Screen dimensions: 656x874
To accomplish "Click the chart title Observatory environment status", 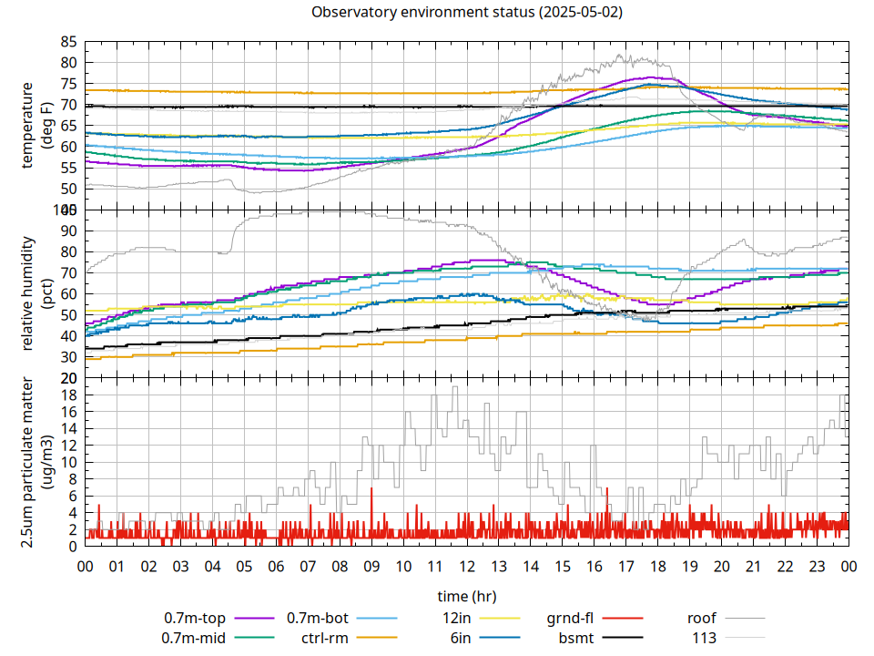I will pyautogui.click(x=466, y=13).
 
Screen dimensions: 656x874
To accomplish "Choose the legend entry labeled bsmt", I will pyautogui.click(x=575, y=638).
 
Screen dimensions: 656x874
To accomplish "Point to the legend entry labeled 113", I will pyautogui.click(x=704, y=638).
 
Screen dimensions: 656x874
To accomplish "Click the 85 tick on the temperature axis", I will pyautogui.click(x=68, y=42).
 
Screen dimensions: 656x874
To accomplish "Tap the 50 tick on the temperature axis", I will pyautogui.click(x=68, y=189).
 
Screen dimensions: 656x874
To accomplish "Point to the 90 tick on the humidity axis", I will pyautogui.click(x=68, y=231).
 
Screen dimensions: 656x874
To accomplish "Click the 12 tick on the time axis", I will pyautogui.click(x=467, y=567).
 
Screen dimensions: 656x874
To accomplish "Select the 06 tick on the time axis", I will pyautogui.click(x=276, y=567).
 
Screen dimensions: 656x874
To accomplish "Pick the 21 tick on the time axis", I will pyautogui.click(x=753, y=567).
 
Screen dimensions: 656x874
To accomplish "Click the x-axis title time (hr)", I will pyautogui.click(x=466, y=597).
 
